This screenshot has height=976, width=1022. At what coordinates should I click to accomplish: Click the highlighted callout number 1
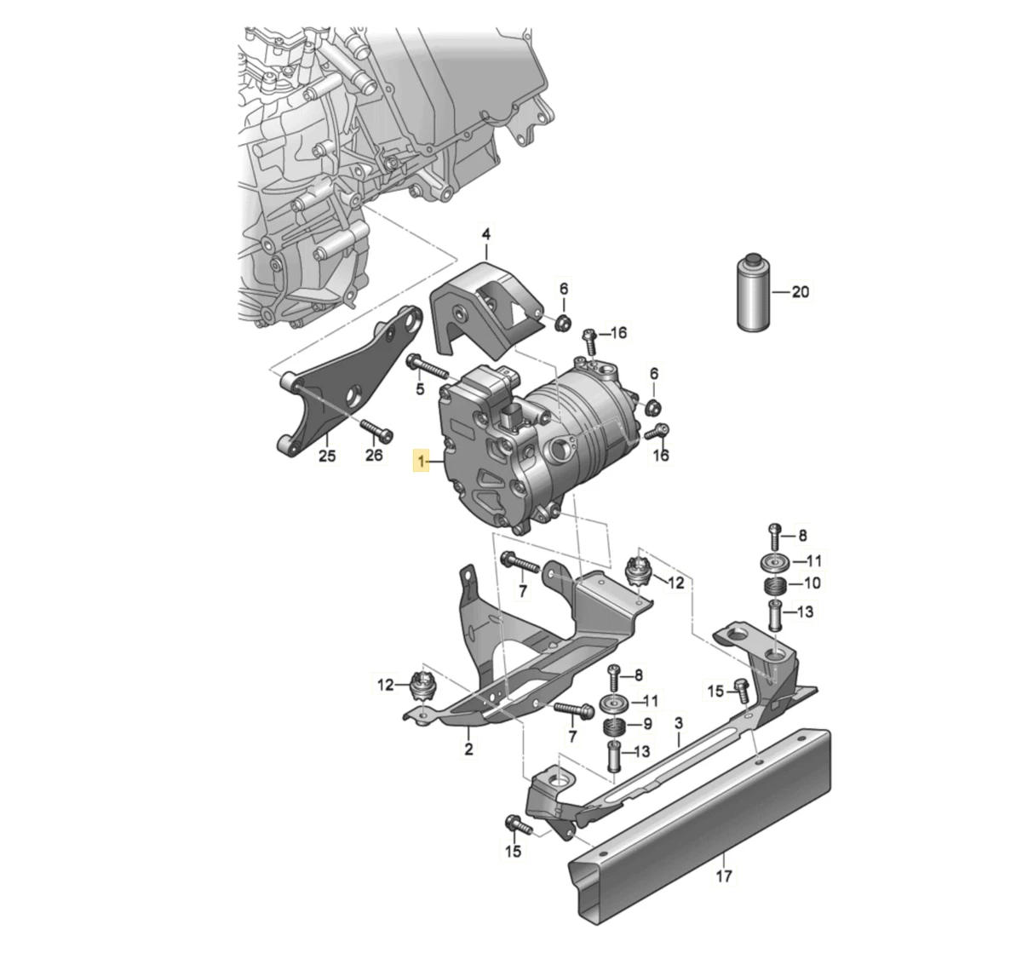point(420,462)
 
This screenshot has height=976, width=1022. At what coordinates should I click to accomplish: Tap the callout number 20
point(800,291)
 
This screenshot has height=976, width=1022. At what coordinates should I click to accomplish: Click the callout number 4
point(485,233)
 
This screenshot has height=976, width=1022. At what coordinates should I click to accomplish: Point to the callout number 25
point(327,456)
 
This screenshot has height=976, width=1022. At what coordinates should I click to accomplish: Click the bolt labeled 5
point(427,367)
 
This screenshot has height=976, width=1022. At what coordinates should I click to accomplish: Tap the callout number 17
point(724,876)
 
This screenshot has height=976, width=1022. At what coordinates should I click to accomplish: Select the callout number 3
point(679,723)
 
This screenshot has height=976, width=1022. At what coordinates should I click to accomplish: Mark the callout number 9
point(647,724)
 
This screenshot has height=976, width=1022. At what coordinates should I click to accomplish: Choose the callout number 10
point(812,583)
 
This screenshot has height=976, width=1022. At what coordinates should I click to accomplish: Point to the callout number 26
point(374,455)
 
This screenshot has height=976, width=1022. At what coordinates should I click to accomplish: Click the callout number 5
point(420,389)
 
